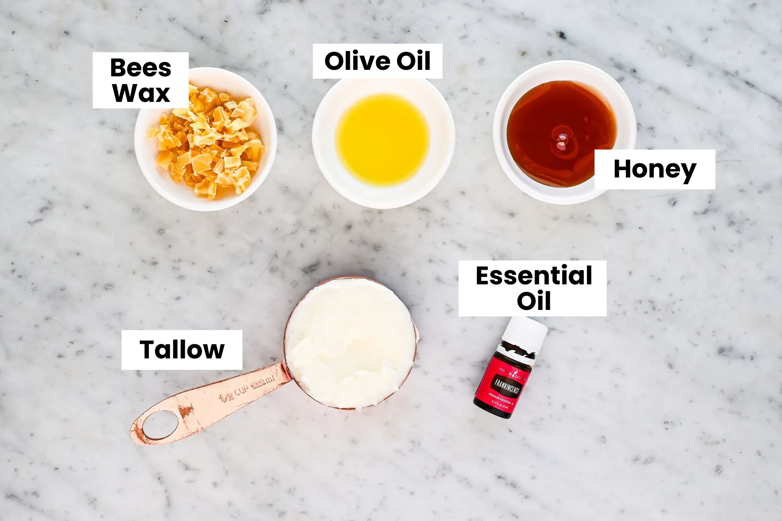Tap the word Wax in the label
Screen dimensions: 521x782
pos(141,93)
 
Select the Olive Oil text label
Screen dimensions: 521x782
pos(377,61)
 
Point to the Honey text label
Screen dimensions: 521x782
pos(654,169)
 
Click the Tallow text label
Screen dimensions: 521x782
pos(182,350)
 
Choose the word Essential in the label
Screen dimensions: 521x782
pos(534,276)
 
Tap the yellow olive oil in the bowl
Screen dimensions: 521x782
pos(383,139)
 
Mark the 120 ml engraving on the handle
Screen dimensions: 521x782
pos(263,382)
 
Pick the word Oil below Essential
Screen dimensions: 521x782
pos(534,301)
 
